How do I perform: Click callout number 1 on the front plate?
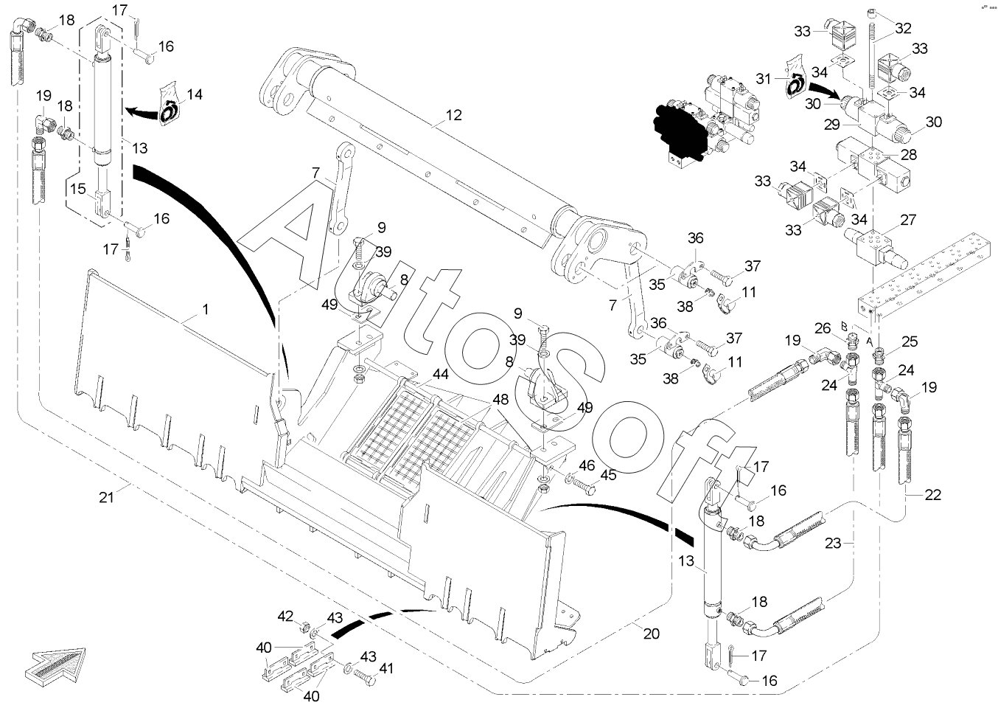coord(206,309)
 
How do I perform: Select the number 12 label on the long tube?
coord(453,115)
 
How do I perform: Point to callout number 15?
coord(77,189)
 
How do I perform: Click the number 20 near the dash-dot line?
coord(652,634)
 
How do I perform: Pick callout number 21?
coord(106,497)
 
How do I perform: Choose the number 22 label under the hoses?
coord(932,495)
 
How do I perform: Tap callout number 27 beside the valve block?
coord(908,220)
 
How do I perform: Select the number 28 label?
coord(909,155)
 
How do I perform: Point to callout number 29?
coord(832,125)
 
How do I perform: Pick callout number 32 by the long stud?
coord(903,29)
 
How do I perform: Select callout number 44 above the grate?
coord(440,375)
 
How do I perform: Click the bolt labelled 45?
coord(583,485)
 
